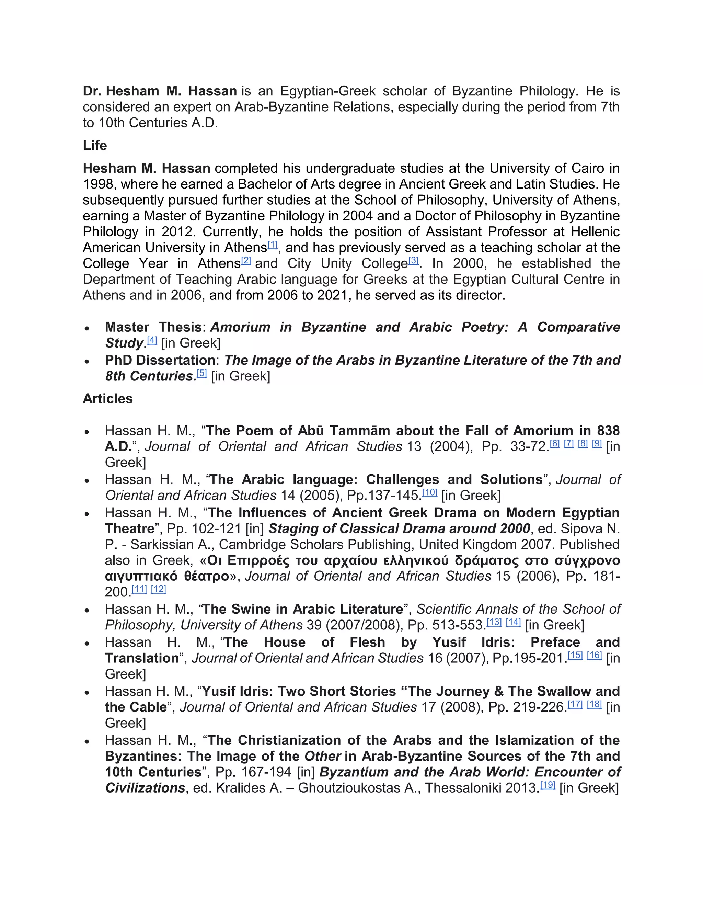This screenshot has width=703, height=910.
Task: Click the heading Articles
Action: [107, 399]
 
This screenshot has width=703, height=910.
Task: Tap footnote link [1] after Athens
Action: [272, 244]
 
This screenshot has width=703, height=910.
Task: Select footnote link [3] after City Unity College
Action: [413, 260]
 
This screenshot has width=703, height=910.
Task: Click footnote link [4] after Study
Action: [152, 340]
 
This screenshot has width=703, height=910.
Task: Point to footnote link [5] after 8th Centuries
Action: [201, 373]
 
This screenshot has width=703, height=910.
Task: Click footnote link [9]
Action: [597, 443]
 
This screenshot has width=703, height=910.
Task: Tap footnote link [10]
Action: [430, 492]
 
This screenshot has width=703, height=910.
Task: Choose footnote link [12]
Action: [158, 589]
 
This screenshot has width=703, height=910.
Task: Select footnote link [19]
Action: [548, 785]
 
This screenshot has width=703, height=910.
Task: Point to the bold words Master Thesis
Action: [153, 327]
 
